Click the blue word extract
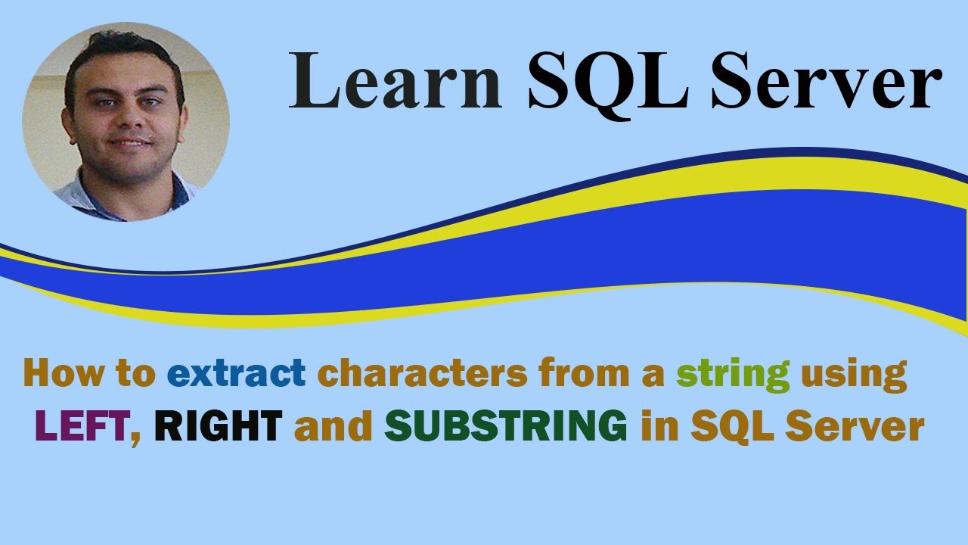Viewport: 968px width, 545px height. (x=236, y=373)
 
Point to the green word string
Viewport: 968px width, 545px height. (x=733, y=373)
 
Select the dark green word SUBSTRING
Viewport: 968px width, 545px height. (x=505, y=428)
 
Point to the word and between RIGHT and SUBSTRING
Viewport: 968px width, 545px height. (x=334, y=428)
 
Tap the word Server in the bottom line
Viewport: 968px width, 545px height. (x=855, y=428)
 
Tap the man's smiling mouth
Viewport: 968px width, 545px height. (x=129, y=142)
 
